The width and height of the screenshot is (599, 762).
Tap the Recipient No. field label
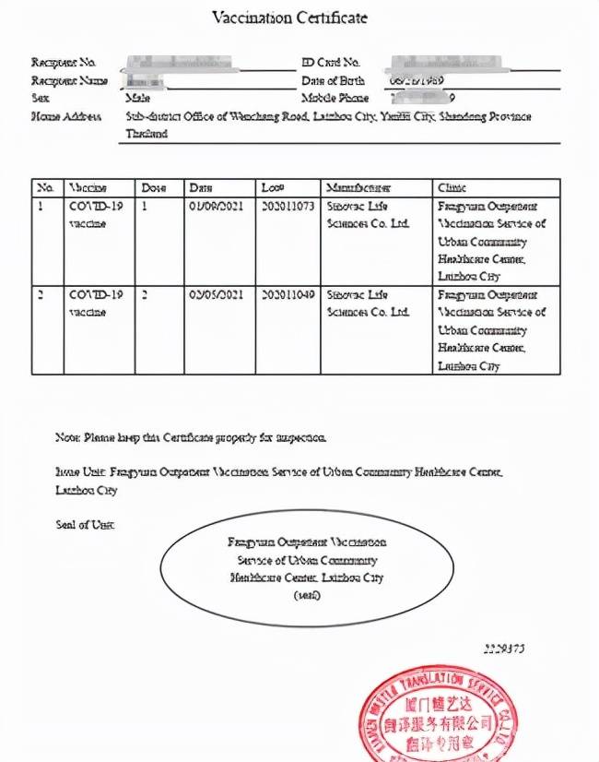pyautogui.click(x=64, y=63)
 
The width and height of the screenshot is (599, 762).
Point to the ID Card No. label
pyautogui.click(x=331, y=63)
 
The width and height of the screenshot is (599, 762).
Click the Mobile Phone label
pyautogui.click(x=335, y=98)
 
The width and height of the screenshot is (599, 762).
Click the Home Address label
pyautogui.click(x=60, y=117)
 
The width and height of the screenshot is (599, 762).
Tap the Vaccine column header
pyautogui.click(x=88, y=187)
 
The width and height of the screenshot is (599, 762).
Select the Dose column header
pyautogui.click(x=154, y=187)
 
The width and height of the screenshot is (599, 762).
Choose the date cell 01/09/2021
pyautogui.click(x=216, y=207)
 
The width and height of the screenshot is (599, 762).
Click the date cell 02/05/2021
pyautogui.click(x=216, y=295)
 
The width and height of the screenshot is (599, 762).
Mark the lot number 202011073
pyautogui.click(x=288, y=207)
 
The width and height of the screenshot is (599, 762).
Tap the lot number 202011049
pyautogui.click(x=288, y=295)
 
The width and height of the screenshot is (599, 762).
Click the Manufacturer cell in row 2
pyautogui.click(x=368, y=304)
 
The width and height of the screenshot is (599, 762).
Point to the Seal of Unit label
pyautogui.click(x=85, y=525)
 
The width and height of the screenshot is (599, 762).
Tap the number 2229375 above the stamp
pyautogui.click(x=504, y=649)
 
